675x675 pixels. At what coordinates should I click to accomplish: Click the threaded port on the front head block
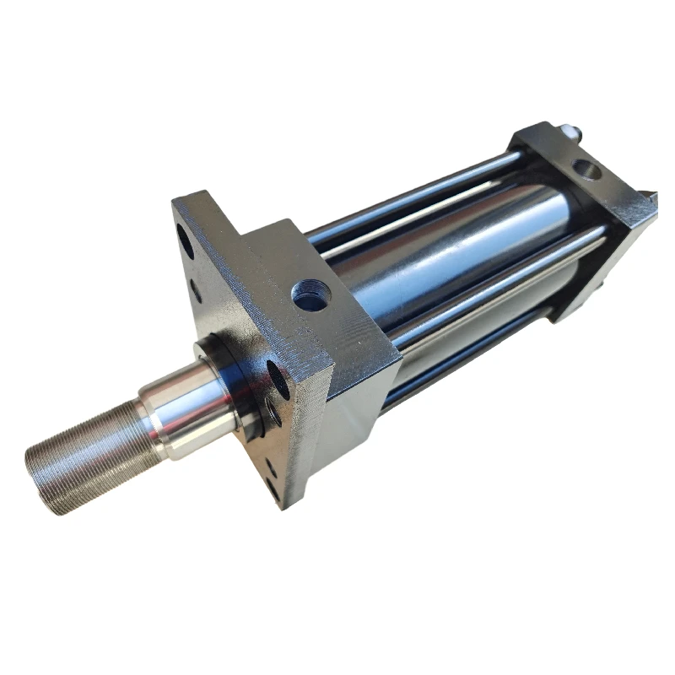[305, 296]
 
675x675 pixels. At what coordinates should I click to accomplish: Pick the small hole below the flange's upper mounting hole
[196, 290]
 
